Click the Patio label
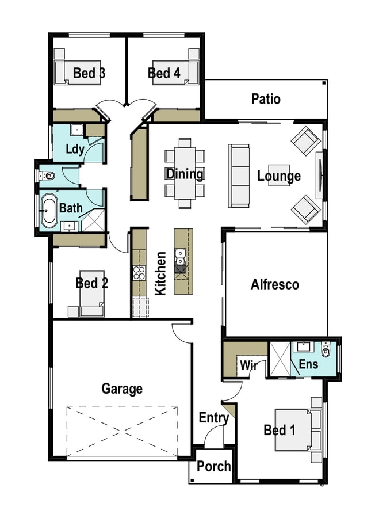(266, 99)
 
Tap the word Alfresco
(275, 284)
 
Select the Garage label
(122, 389)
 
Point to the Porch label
(213, 466)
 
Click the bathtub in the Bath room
(49, 210)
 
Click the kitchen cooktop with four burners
(139, 273)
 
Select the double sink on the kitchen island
(180, 257)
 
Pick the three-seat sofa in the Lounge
(239, 176)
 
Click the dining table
(185, 173)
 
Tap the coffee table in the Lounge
(279, 176)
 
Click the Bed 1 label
(280, 430)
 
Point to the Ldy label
(75, 149)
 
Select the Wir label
(248, 365)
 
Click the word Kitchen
(160, 273)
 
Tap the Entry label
(214, 418)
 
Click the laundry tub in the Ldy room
(77, 130)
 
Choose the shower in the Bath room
(93, 220)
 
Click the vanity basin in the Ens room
(303, 346)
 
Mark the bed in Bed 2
(92, 294)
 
